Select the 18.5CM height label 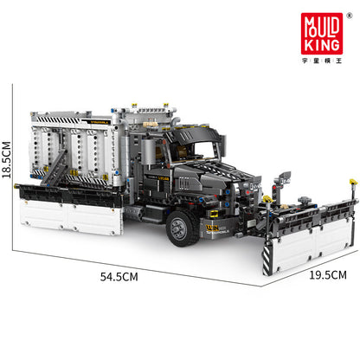pos(7,161)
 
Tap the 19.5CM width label pos(326,276)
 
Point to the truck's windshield pos(206,149)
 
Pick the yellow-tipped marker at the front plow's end pos(353,183)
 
